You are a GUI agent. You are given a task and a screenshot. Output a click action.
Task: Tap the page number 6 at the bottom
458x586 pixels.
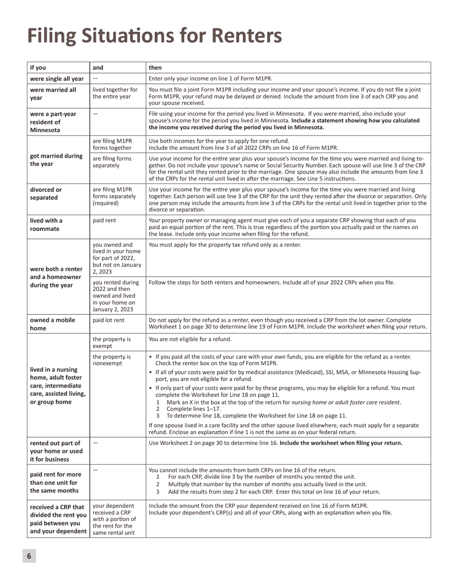pyautogui.click(x=29, y=556)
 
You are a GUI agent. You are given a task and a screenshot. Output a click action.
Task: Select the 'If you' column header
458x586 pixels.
pyautogui.click(x=38, y=67)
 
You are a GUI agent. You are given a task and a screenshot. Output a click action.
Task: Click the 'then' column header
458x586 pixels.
pyautogui.click(x=155, y=67)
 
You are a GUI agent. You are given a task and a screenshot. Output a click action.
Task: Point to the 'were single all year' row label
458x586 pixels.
pyautogui.click(x=57, y=79)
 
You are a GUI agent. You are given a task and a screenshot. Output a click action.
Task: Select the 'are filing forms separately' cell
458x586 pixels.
pyautogui.click(x=112, y=162)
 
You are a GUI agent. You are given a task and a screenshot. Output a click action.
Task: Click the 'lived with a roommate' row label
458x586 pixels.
pyautogui.click(x=46, y=225)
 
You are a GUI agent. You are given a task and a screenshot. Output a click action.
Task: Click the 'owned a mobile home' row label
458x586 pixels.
pyautogui.click(x=53, y=324)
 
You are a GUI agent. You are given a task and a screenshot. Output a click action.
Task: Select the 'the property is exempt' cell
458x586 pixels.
pyautogui.click(x=112, y=343)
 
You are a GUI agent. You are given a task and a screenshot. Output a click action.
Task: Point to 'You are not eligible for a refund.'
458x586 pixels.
pyautogui.click(x=190, y=339)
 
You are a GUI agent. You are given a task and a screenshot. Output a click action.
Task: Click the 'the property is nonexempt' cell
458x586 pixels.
pyautogui.click(x=112, y=360)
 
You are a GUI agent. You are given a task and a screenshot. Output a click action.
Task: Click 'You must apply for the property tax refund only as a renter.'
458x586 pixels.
pyautogui.click(x=225, y=245)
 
